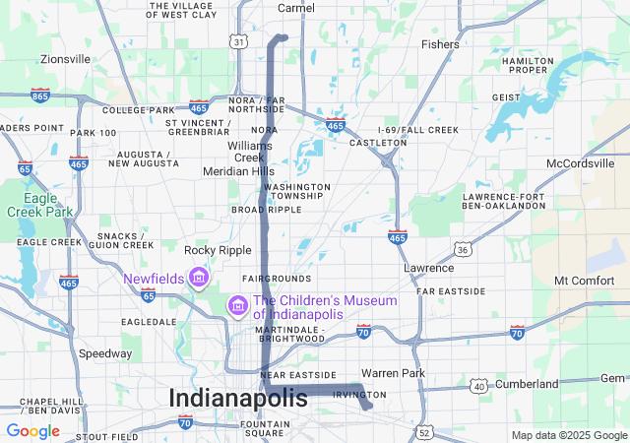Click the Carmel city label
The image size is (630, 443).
point(296,8)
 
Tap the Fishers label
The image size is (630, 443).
point(440,44)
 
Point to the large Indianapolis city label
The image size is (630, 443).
point(238,398)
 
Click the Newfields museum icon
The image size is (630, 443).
point(199,279)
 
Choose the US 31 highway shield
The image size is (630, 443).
point(238,42)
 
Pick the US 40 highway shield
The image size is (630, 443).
point(479,386)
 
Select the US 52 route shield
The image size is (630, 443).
point(424,431)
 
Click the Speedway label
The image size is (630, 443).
point(105,353)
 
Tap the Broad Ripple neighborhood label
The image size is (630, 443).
point(266,210)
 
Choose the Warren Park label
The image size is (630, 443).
point(392,373)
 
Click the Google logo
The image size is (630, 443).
point(32,431)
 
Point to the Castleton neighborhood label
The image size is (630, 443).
point(378,144)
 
